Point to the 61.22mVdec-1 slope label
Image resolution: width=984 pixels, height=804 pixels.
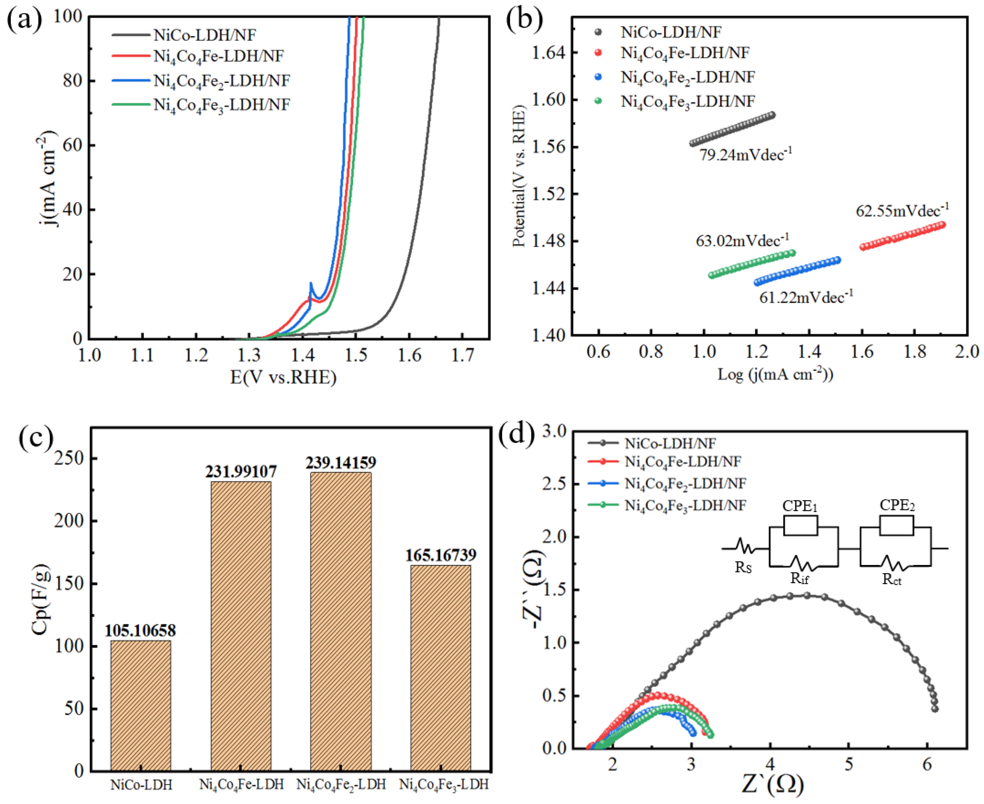[x=806, y=297]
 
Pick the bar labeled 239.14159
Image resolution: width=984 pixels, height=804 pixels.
[x=341, y=621]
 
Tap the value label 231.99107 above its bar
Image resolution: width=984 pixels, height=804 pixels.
[x=241, y=471]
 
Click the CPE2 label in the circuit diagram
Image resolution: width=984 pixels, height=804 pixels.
[x=897, y=505]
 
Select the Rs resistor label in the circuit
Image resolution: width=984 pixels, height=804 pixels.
[x=743, y=567]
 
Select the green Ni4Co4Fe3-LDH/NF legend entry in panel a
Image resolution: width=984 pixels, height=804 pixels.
[x=221, y=105]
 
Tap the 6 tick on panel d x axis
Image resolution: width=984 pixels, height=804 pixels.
[x=927, y=764]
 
